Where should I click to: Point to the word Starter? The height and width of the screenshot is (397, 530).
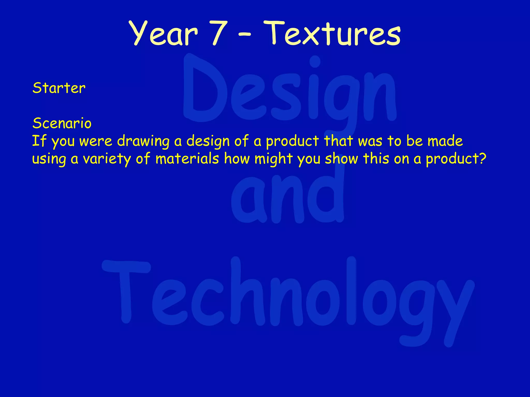[x=59, y=88]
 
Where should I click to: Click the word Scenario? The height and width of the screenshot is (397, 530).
[x=62, y=123]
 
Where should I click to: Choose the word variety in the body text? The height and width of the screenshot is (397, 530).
[x=107, y=159]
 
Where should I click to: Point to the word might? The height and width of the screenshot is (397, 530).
[x=273, y=159]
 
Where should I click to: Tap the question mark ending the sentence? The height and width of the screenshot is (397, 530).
[x=482, y=158]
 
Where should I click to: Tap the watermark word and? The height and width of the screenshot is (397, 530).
[x=287, y=196]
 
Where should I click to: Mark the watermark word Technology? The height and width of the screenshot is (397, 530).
[x=287, y=297]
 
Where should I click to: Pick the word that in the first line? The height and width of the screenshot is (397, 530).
[x=338, y=141]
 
